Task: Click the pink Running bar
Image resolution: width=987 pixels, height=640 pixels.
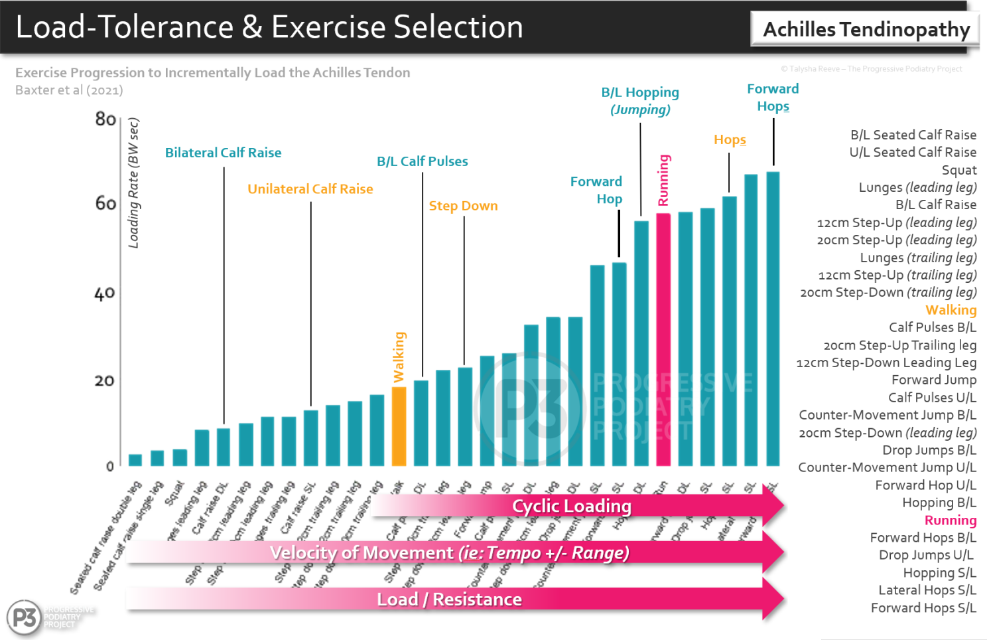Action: pyautogui.click(x=663, y=339)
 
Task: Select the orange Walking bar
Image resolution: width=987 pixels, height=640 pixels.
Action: pyautogui.click(x=399, y=426)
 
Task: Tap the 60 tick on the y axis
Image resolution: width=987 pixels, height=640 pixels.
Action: pyautogui.click(x=105, y=204)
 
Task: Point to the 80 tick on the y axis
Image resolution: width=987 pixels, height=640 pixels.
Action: pyautogui.click(x=105, y=120)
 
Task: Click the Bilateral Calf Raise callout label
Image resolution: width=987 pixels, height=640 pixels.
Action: pyautogui.click(x=223, y=153)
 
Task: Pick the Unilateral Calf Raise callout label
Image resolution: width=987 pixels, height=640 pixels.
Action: pyautogui.click(x=310, y=189)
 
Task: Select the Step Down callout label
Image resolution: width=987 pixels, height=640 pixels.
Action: pyautogui.click(x=463, y=206)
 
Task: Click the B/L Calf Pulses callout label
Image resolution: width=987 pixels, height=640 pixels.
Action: pyautogui.click(x=422, y=161)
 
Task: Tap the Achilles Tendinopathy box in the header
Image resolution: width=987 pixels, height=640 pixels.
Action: pyautogui.click(x=866, y=29)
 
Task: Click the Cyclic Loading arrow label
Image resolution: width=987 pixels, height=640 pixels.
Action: pyautogui.click(x=571, y=506)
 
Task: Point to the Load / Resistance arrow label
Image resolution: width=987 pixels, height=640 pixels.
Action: pyautogui.click(x=449, y=600)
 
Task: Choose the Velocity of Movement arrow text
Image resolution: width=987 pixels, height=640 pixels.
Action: pyautogui.click(x=449, y=552)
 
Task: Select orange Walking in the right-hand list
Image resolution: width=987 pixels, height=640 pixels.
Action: pyautogui.click(x=951, y=310)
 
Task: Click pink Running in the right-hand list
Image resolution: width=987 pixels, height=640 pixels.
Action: pyautogui.click(x=950, y=520)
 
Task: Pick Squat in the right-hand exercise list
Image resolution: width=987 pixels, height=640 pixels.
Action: pyautogui.click(x=958, y=170)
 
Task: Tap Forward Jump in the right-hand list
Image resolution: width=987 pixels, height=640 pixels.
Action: pyautogui.click(x=933, y=380)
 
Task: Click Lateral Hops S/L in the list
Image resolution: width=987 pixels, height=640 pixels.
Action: pyautogui.click(x=927, y=590)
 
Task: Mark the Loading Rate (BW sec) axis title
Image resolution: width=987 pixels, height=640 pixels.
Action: pyautogui.click(x=134, y=183)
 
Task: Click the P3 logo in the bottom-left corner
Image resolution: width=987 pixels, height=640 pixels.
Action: pyautogui.click(x=25, y=617)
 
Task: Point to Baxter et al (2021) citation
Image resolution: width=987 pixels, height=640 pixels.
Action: pyautogui.click(x=69, y=90)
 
